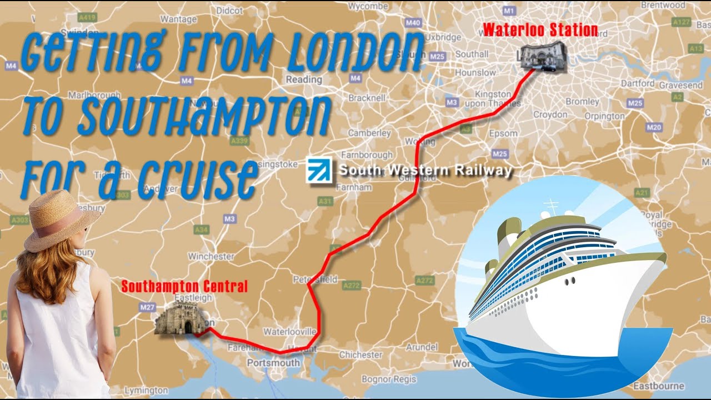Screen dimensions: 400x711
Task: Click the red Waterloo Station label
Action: point(540,30)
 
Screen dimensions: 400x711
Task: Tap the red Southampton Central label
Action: point(184,287)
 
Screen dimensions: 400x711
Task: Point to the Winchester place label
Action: point(211,257)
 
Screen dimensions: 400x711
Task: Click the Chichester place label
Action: point(360,354)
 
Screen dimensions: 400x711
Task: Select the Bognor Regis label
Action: point(389,379)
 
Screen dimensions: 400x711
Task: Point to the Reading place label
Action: point(304,79)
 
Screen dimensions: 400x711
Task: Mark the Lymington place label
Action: point(146,391)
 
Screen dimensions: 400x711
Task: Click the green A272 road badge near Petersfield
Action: point(352,286)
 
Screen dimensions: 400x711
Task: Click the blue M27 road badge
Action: point(148,306)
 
